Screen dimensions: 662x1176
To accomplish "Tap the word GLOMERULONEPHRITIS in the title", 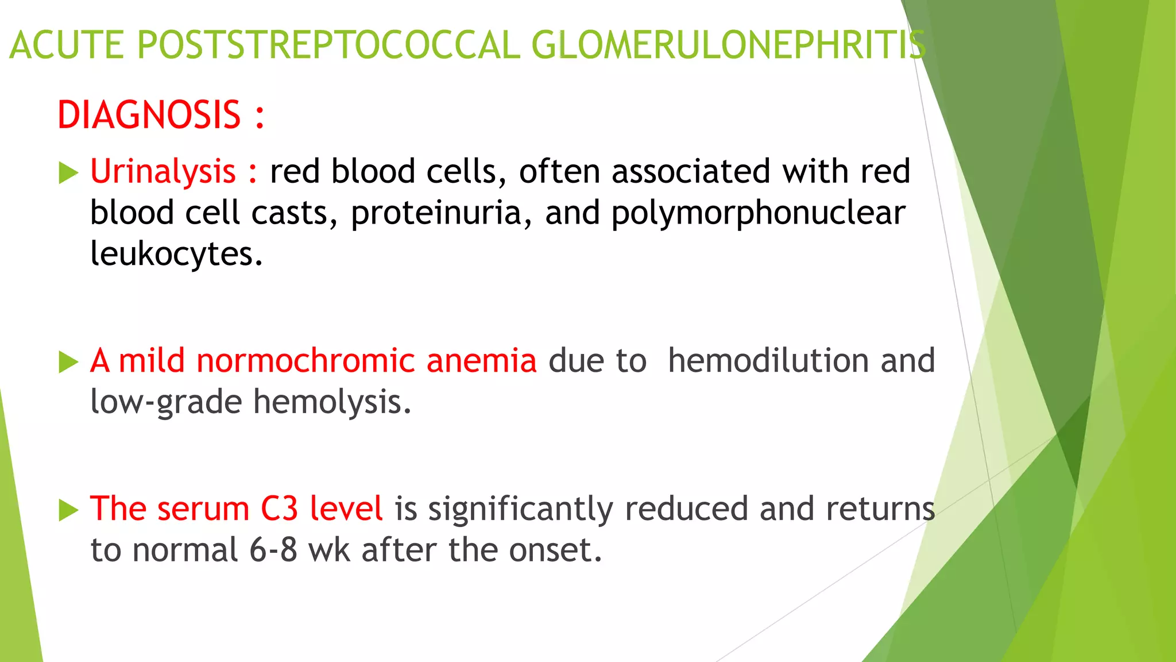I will [x=728, y=45].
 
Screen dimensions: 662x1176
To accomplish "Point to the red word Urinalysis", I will [x=163, y=171].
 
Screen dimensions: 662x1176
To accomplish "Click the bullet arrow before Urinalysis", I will [x=68, y=173].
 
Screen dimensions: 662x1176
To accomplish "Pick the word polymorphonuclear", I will [x=758, y=213].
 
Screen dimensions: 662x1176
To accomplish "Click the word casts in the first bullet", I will [x=290, y=213].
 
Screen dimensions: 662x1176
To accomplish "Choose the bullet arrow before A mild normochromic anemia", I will [x=68, y=362].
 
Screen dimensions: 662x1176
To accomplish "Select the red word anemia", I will [x=481, y=361].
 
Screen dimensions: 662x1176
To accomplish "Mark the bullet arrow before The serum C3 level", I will [x=68, y=510].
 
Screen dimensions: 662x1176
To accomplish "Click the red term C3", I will [x=279, y=509].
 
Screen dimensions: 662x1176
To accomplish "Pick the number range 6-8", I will [x=273, y=550].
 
